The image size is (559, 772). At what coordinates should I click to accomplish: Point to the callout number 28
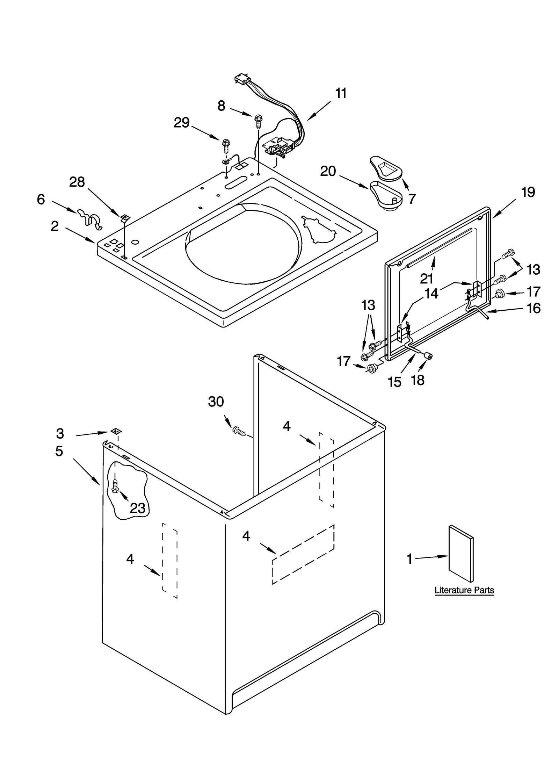pos(77,182)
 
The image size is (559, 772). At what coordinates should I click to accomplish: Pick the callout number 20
pos(328,171)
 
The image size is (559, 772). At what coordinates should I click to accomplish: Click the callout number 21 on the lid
pos(427,279)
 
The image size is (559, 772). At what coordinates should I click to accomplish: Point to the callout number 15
pos(394,382)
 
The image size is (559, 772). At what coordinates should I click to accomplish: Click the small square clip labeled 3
pos(115,431)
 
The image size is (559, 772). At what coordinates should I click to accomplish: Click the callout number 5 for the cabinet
pos(59,451)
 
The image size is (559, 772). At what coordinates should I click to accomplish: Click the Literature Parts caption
pos(464,590)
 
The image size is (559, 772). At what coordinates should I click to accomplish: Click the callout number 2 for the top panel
pos(55,226)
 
